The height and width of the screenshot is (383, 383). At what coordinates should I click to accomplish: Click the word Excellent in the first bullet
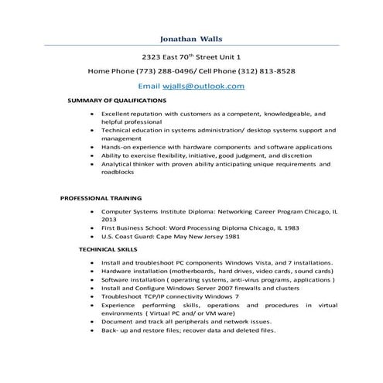coord(118,113)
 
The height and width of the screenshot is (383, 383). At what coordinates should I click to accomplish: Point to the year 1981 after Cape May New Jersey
coord(234,240)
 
